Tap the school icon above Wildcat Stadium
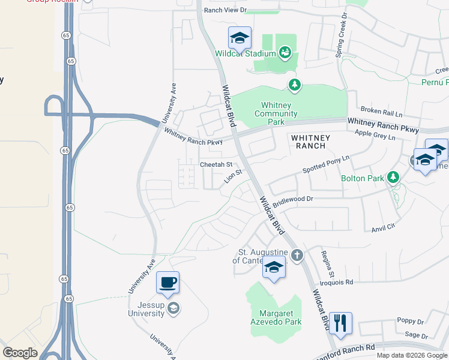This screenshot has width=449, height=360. click(x=239, y=38)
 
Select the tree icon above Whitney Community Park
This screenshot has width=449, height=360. click(x=294, y=86)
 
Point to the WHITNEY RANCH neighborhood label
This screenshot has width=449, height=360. click(x=309, y=142)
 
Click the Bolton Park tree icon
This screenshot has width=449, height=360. click(x=393, y=177)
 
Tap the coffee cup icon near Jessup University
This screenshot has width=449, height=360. click(x=167, y=283)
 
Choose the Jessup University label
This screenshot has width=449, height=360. click(x=146, y=309)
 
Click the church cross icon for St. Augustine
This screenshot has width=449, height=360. click(x=298, y=256)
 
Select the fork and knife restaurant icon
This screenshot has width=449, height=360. click(x=340, y=322)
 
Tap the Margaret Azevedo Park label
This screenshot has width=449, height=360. click(x=280, y=317)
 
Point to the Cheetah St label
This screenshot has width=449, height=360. click(x=215, y=164)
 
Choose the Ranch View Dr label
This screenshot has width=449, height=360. click(x=225, y=10)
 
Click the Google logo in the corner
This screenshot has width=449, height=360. click(x=20, y=353)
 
